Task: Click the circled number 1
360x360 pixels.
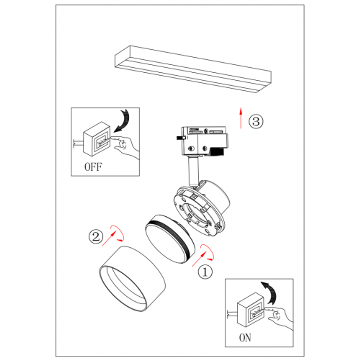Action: tap(205, 272)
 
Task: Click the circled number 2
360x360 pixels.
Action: tap(96, 237)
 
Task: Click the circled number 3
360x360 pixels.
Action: tap(256, 121)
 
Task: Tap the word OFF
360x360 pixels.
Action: tap(93, 167)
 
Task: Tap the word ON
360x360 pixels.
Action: tap(245, 338)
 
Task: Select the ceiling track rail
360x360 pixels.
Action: tap(193, 69)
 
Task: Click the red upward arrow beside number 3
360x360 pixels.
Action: tap(241, 118)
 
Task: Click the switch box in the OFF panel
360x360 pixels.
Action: tap(96, 139)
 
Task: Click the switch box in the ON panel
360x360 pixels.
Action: tap(251, 310)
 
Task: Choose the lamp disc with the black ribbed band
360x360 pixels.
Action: tap(170, 239)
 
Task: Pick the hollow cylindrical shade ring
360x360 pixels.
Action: tap(132, 279)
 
